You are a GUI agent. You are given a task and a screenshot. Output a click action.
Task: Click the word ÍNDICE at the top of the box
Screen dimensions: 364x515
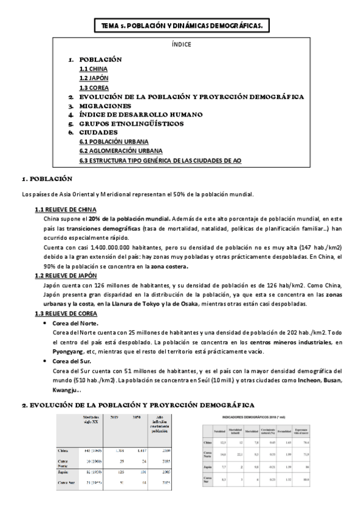(x=182, y=44)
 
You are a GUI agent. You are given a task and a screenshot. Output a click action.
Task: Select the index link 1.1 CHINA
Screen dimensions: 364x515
(x=90, y=69)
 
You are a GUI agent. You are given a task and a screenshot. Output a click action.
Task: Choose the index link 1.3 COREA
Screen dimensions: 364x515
(x=91, y=87)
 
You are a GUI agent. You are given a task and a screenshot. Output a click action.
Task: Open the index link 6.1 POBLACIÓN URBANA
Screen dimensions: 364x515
(x=113, y=142)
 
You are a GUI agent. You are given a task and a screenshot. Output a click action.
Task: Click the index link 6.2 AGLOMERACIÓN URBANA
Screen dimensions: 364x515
(x=121, y=151)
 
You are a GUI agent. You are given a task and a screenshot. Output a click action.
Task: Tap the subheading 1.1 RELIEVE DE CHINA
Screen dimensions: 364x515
(x=63, y=210)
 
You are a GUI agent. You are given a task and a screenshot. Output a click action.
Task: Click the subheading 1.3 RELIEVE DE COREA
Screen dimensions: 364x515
(x=63, y=313)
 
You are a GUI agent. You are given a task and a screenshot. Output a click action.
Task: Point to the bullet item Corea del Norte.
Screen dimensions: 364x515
(x=76, y=324)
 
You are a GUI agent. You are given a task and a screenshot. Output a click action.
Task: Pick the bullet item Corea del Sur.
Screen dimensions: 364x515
(x=72, y=361)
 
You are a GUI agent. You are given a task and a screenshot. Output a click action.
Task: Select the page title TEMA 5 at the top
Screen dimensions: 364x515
(x=182, y=26)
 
